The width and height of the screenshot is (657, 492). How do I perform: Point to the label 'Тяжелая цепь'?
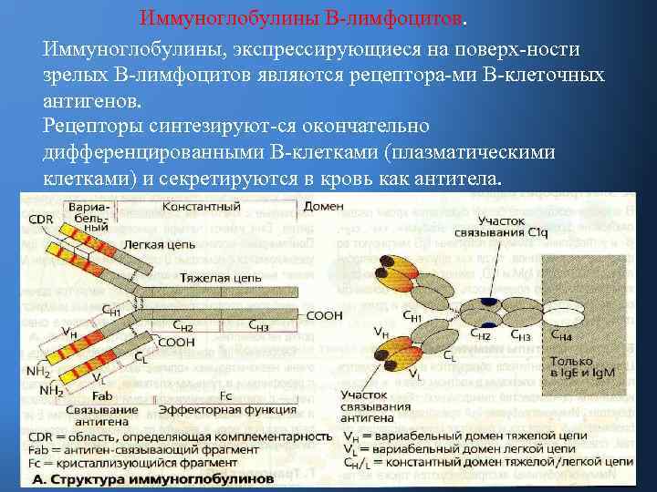[214, 276]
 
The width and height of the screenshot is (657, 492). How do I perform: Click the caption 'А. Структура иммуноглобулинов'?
[152, 477]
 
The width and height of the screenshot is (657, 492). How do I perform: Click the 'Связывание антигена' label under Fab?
[102, 416]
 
